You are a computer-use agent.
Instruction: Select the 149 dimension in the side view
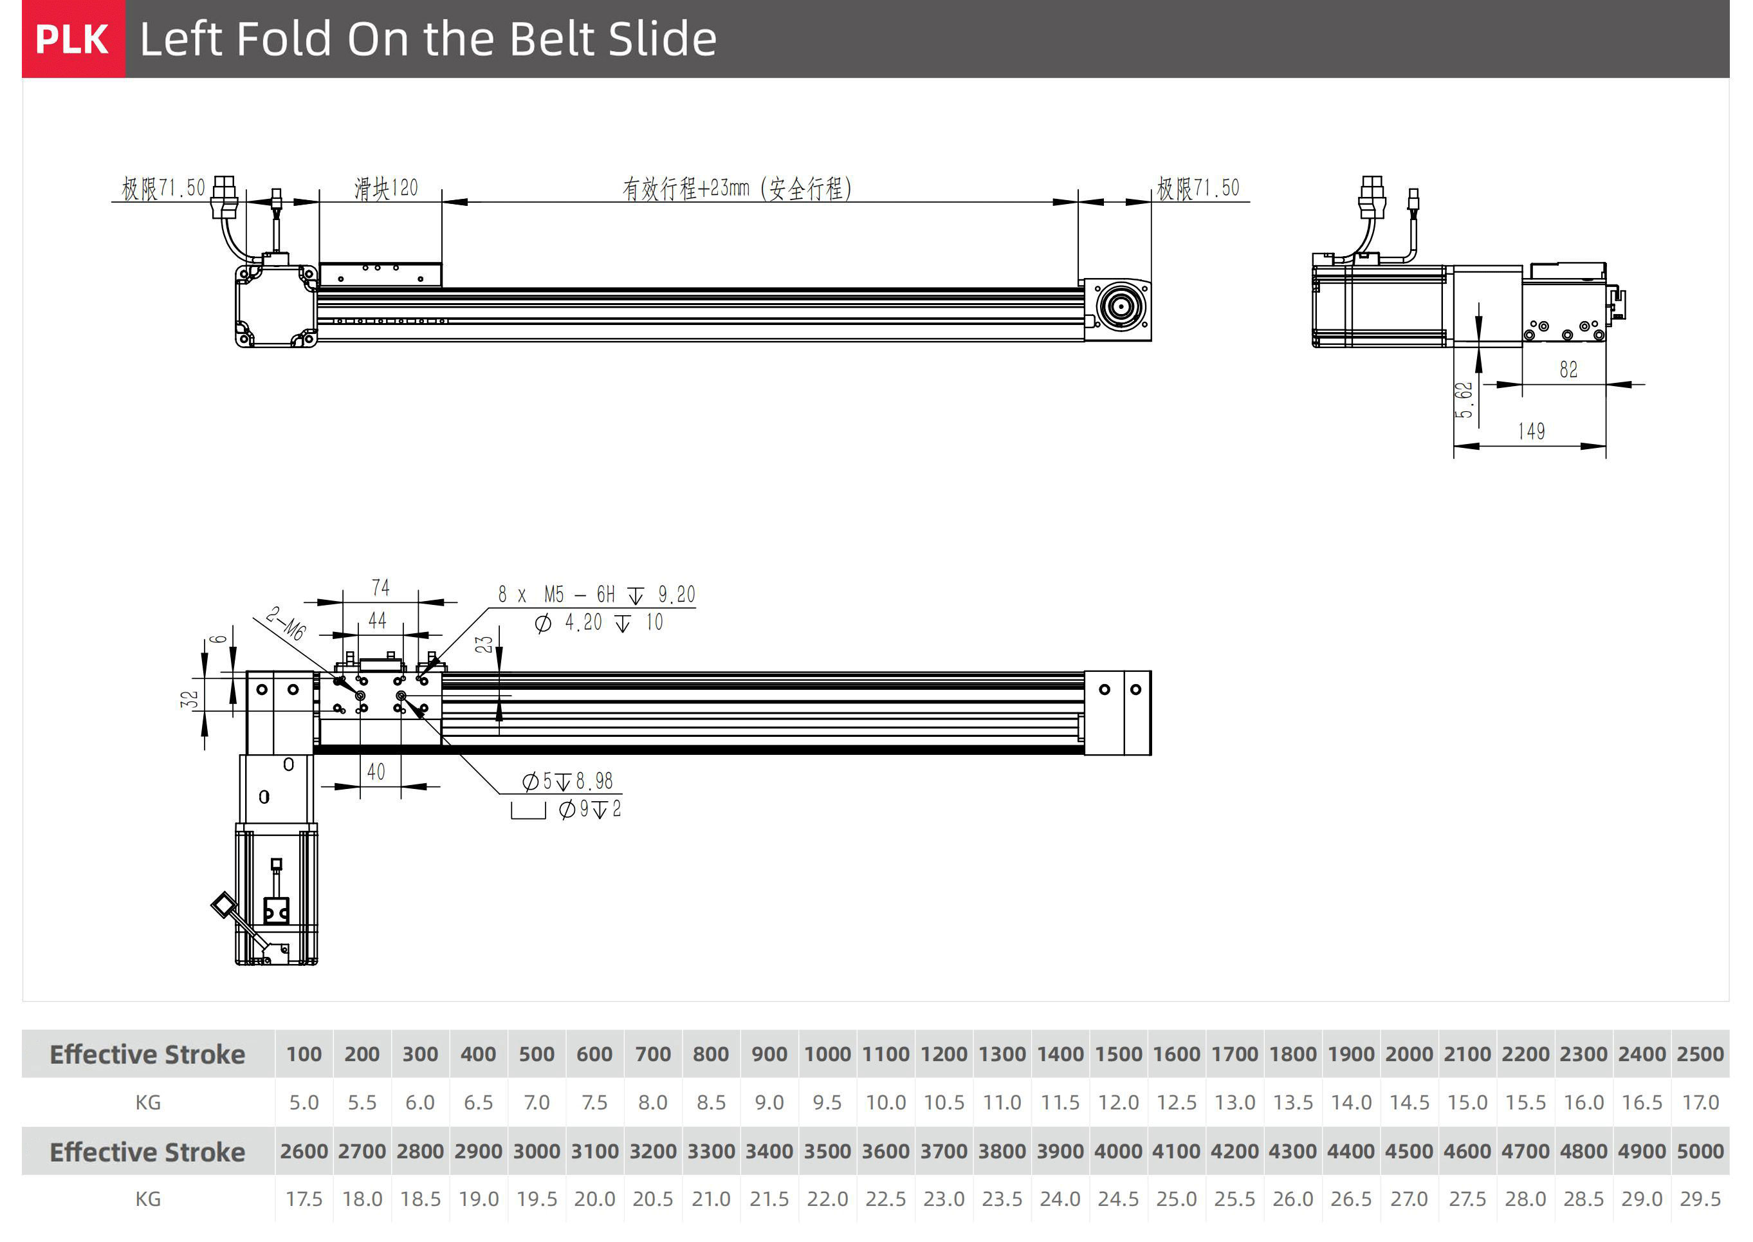click(x=1530, y=431)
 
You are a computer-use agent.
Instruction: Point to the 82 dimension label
click(x=1568, y=370)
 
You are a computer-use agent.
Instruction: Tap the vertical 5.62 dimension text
click(x=1462, y=400)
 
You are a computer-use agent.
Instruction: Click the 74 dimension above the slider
click(x=381, y=588)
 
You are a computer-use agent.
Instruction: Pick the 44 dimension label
click(x=377, y=620)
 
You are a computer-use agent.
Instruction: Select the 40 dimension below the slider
click(x=376, y=772)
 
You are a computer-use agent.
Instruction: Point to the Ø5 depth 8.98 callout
click(x=567, y=781)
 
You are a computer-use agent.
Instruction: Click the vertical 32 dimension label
click(x=189, y=699)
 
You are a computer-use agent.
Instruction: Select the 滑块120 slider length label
click(x=386, y=188)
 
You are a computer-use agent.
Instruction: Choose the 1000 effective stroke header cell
click(x=827, y=1054)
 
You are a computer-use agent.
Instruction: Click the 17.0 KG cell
click(x=1700, y=1102)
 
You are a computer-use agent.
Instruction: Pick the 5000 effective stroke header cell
click(x=1700, y=1151)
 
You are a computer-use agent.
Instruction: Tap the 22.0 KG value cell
click(x=827, y=1198)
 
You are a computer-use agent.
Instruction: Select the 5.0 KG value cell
click(x=304, y=1102)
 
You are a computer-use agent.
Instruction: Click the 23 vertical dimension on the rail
click(x=484, y=645)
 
